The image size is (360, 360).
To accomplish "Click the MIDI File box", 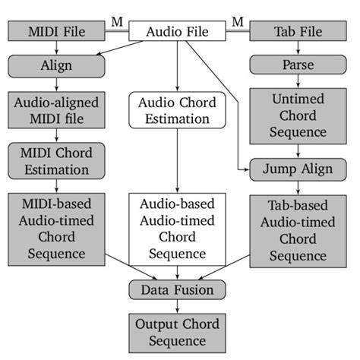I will [56, 32].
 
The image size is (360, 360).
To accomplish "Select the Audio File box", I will [178, 32].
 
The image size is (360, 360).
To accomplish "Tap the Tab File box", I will [298, 32].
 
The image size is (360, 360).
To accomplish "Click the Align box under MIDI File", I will [56, 66].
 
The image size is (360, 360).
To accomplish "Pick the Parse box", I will [298, 66].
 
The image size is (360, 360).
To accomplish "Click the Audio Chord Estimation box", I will [178, 109].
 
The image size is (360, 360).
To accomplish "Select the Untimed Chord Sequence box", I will [298, 115].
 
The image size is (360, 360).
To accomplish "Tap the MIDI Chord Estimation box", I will [56, 160].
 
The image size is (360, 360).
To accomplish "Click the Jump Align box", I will [298, 168].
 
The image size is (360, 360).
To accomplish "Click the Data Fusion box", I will [178, 289].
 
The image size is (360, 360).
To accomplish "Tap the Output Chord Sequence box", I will [178, 332].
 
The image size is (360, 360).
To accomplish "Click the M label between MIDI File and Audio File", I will [116, 21].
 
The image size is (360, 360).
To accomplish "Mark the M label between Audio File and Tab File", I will [238, 21].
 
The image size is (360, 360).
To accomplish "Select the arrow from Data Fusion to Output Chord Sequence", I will [178, 305].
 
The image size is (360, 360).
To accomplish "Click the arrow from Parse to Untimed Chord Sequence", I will [298, 83].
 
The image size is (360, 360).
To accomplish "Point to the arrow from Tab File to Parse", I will [298, 49].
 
